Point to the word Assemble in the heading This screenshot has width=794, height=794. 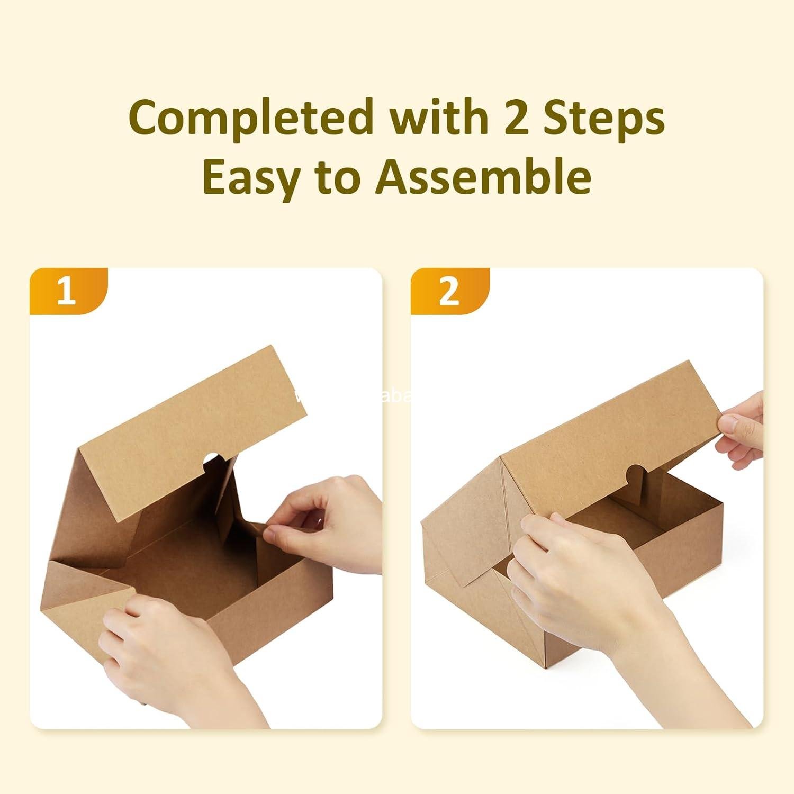(483, 177)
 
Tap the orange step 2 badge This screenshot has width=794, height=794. (449, 291)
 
